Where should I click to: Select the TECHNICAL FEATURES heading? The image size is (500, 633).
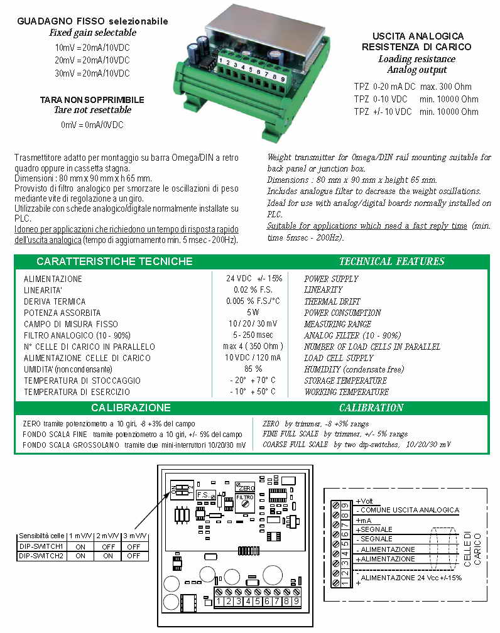[x=391, y=261]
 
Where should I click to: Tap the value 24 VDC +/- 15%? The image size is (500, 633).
[x=254, y=278]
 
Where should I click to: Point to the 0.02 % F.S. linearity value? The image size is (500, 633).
[x=254, y=289]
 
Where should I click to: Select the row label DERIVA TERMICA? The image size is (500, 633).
[x=55, y=301]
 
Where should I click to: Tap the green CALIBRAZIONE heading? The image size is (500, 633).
[x=130, y=408]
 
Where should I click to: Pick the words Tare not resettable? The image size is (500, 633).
[x=92, y=110]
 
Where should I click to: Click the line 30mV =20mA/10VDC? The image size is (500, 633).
[x=92, y=73]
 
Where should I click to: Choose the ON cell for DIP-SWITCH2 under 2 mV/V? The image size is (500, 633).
[x=107, y=556]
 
